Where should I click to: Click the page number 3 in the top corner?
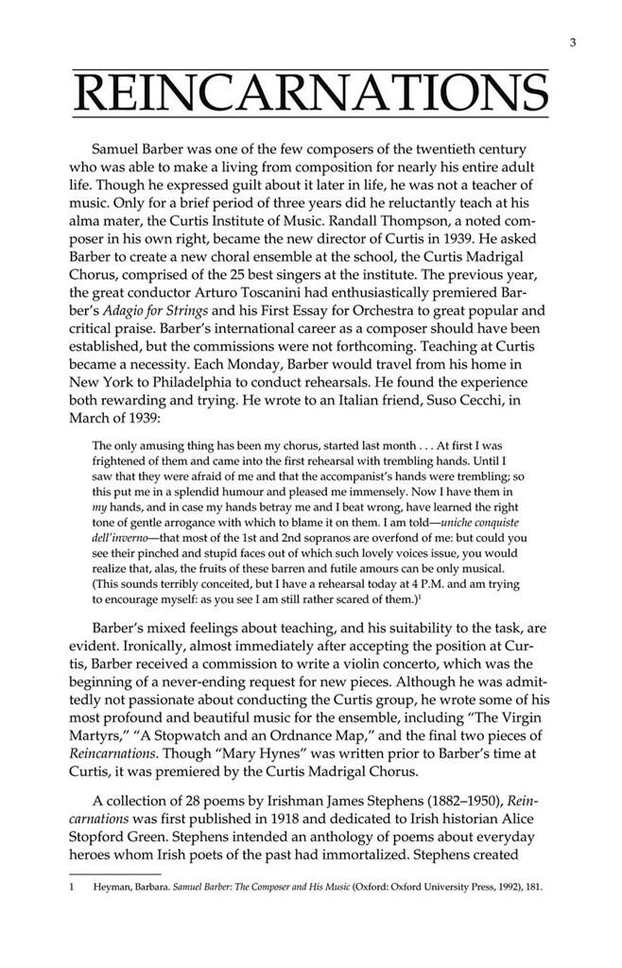click(573, 43)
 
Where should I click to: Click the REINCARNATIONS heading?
click(311, 94)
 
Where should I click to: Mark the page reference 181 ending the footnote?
click(530, 890)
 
